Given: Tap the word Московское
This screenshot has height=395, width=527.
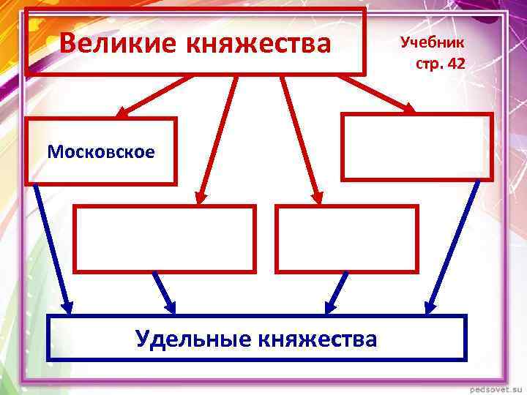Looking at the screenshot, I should pyautogui.click(x=101, y=151).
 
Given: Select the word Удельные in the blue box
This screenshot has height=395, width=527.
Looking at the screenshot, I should pyautogui.click(x=193, y=338).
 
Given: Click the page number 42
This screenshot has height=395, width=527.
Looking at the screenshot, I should pyautogui.click(x=455, y=64).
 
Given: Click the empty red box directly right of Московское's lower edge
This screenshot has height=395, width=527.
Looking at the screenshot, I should pyautogui.click(x=165, y=238).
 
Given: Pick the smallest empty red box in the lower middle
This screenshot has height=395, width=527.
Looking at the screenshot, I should pyautogui.click(x=346, y=238).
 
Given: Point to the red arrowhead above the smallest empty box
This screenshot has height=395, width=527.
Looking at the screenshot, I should pyautogui.click(x=315, y=196).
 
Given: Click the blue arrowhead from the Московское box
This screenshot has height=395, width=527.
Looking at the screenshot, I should pyautogui.click(x=67, y=305).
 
